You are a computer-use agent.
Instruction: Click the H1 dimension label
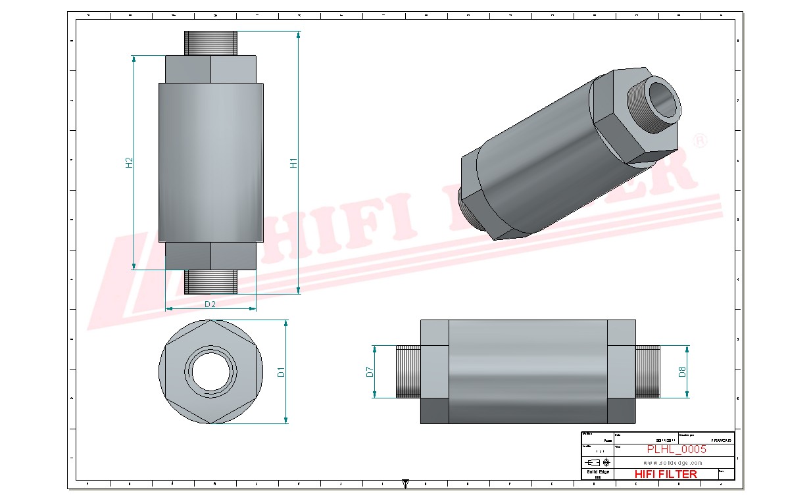tap(294, 162)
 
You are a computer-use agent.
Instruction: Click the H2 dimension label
tap(130, 162)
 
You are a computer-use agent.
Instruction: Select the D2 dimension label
tap(210, 304)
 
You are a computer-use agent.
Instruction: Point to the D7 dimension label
tap(370, 371)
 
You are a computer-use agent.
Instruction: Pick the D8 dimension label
tap(683, 371)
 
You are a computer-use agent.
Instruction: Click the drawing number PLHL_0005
tap(676, 449)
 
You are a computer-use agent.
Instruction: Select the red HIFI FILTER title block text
tap(665, 473)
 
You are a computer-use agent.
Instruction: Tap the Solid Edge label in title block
tap(597, 472)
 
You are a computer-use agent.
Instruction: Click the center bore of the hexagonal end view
tap(210, 372)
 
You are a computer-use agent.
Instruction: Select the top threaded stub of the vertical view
tap(210, 43)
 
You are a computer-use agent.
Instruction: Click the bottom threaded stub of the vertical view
tap(210, 281)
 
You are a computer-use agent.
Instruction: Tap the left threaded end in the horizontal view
tap(408, 371)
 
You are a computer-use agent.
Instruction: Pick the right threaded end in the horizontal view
tap(648, 371)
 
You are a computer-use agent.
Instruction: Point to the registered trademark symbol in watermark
tap(701, 142)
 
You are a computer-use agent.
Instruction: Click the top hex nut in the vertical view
tap(210, 69)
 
